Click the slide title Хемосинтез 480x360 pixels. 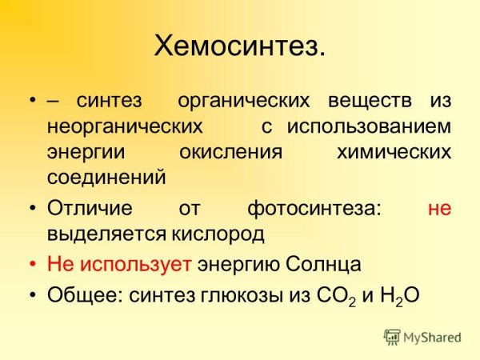click(x=240, y=46)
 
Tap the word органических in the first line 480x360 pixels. click(x=242, y=102)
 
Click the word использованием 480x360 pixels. click(x=370, y=127)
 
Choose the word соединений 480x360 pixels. click(x=106, y=177)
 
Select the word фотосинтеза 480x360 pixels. click(x=314, y=210)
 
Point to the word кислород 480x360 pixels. click(x=216, y=234)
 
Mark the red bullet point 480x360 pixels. click(x=32, y=265)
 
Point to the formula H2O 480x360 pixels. click(x=397, y=295)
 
